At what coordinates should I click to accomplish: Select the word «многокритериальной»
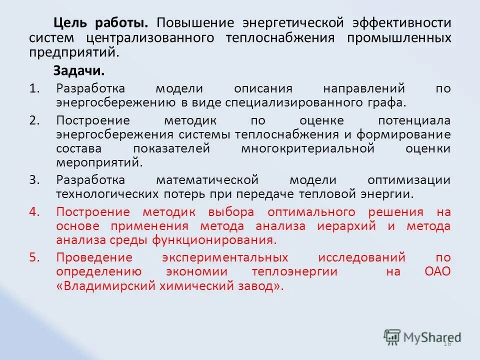[x=307, y=148]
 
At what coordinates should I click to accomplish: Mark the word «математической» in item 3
[x=207, y=179]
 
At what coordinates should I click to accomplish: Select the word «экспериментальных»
[x=225, y=257]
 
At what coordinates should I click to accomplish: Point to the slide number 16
[x=447, y=343]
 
